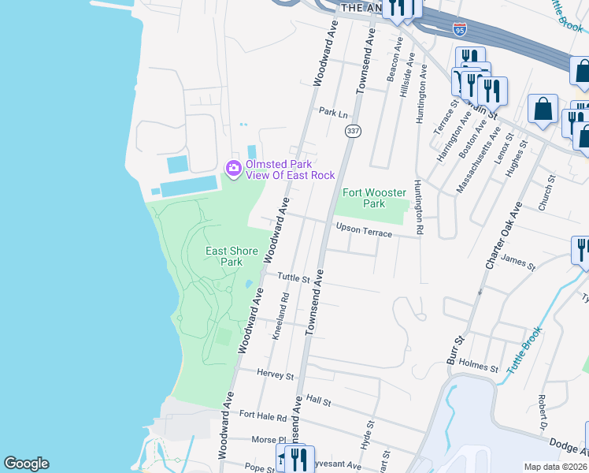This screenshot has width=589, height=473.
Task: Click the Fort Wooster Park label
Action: (373, 198)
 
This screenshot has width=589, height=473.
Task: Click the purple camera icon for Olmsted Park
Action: (233, 169)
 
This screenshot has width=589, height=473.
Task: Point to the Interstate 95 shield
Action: (460, 30)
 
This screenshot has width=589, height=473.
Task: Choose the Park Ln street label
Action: (332, 113)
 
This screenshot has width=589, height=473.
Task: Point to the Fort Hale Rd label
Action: (263, 414)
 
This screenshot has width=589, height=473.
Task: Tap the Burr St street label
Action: (457, 347)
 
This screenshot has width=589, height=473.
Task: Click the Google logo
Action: (26, 464)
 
